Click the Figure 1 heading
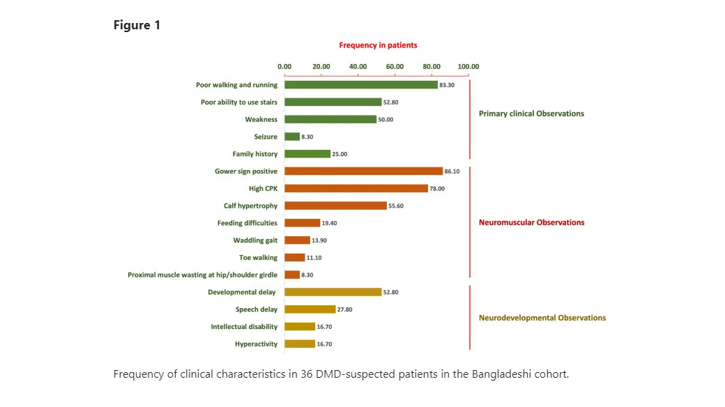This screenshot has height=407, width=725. click(x=137, y=25)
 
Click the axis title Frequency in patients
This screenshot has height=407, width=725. click(x=378, y=45)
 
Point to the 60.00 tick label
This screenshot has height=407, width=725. click(x=395, y=67)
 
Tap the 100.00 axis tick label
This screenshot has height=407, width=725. click(x=468, y=67)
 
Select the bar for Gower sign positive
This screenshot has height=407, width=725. click(x=363, y=171)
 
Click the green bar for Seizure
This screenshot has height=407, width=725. click(x=292, y=137)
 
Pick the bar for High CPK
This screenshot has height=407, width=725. click(x=356, y=188)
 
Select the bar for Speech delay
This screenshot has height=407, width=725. click(x=310, y=309)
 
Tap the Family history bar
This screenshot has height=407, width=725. click(x=307, y=154)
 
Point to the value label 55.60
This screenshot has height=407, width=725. click(x=397, y=206)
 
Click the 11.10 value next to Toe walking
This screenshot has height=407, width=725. click(x=314, y=258)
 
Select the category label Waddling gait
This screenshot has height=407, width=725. click(x=255, y=240)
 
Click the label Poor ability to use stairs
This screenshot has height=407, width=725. click(x=238, y=102)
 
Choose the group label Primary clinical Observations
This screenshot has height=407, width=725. click(x=531, y=114)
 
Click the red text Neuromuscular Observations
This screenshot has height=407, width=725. click(x=531, y=222)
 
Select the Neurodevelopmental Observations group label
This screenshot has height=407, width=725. click(x=542, y=318)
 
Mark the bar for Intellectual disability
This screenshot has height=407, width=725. click(x=300, y=327)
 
